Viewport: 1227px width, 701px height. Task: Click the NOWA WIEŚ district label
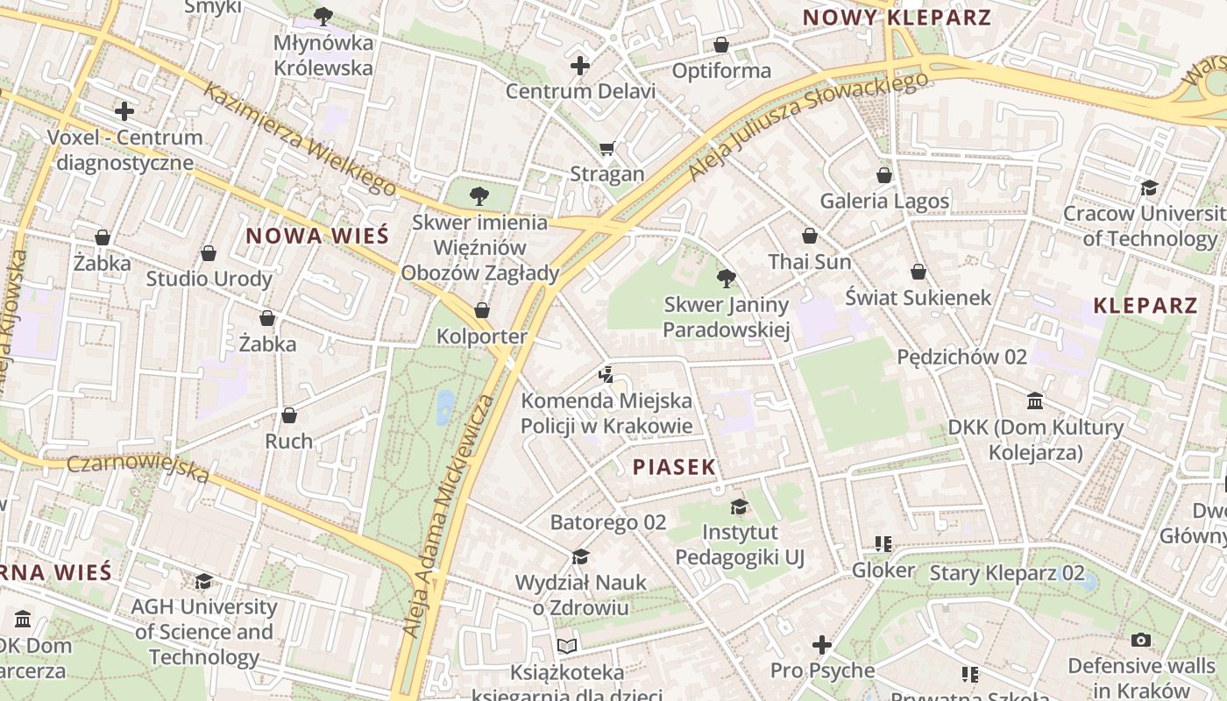316,236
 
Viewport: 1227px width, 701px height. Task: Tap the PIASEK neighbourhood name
675,467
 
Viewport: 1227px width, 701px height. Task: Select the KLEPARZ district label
1145,306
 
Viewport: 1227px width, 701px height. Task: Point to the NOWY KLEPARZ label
897,18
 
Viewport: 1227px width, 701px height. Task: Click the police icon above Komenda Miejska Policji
606,375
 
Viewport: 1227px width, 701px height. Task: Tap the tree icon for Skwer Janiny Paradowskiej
726,279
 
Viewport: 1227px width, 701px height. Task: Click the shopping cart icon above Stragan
606,148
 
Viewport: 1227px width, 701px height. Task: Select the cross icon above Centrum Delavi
580,66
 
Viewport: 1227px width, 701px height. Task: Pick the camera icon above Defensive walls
1140,641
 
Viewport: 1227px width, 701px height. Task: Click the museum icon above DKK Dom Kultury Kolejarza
1035,400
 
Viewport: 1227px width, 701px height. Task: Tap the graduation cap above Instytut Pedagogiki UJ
739,506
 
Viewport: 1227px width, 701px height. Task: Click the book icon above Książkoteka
567,647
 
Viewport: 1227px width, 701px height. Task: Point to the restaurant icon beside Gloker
883,544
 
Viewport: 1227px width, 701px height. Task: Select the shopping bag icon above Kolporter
481,310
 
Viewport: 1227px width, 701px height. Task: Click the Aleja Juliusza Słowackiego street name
807,126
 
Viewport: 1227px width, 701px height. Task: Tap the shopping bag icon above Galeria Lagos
884,175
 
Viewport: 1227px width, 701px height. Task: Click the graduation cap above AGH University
203,581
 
